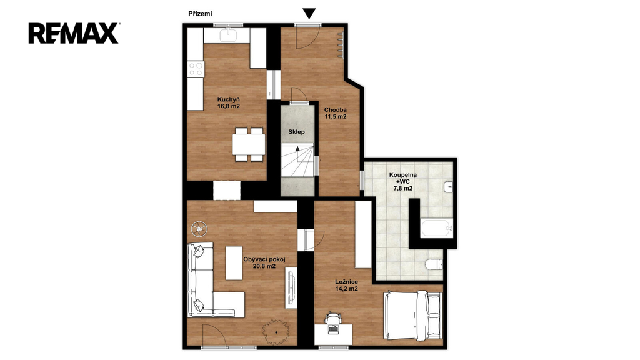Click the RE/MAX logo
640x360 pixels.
pyautogui.click(x=74, y=34)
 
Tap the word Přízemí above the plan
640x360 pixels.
pyautogui.click(x=200, y=14)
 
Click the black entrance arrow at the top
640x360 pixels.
pyautogui.click(x=309, y=14)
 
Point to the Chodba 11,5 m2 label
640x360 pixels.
pyautogui.click(x=336, y=113)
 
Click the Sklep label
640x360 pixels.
pyautogui.click(x=296, y=132)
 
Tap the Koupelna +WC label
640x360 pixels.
pyautogui.click(x=403, y=182)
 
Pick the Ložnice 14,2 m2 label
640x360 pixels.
pyautogui.click(x=346, y=285)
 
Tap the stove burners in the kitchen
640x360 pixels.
pyautogui.click(x=196, y=69)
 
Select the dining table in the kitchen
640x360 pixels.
pyautogui.click(x=249, y=144)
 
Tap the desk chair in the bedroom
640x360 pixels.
pyautogui.click(x=333, y=317)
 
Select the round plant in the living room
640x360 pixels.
pyautogui.click(x=276, y=332)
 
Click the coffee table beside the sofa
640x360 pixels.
pyautogui.click(x=234, y=263)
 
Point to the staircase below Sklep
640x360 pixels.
pyautogui.click(x=297, y=159)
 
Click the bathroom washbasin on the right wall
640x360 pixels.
pyautogui.click(x=448, y=186)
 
